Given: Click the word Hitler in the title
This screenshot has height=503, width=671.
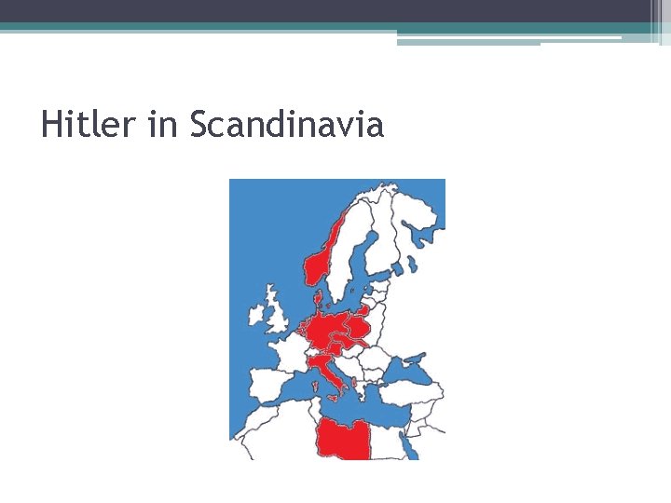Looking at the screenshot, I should pyautogui.click(x=88, y=124).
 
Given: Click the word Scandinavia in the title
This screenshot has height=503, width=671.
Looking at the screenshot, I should pyautogui.click(x=286, y=124).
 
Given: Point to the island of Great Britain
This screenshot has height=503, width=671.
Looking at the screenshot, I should pyautogui.click(x=277, y=317).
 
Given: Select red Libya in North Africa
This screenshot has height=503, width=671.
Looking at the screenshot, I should pyautogui.click(x=341, y=438).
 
